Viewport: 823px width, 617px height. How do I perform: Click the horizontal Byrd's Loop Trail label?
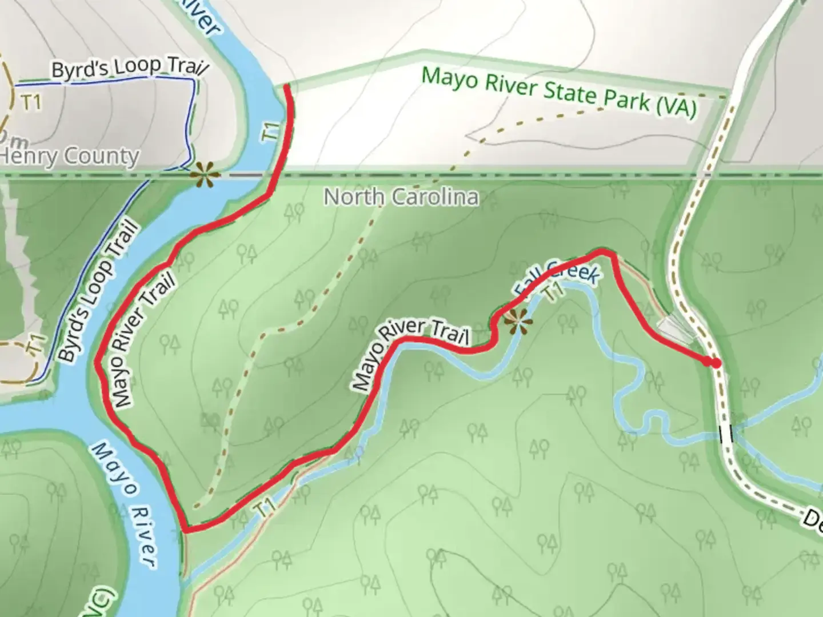point(129,67)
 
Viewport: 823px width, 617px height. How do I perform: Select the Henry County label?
point(70,156)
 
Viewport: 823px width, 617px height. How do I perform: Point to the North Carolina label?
point(401,197)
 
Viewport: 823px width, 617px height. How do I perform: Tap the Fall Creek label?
point(557,278)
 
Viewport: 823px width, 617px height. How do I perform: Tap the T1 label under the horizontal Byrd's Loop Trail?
point(31,102)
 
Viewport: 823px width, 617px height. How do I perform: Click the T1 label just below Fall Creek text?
point(553,291)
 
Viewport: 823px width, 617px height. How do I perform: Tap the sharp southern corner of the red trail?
point(185,530)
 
